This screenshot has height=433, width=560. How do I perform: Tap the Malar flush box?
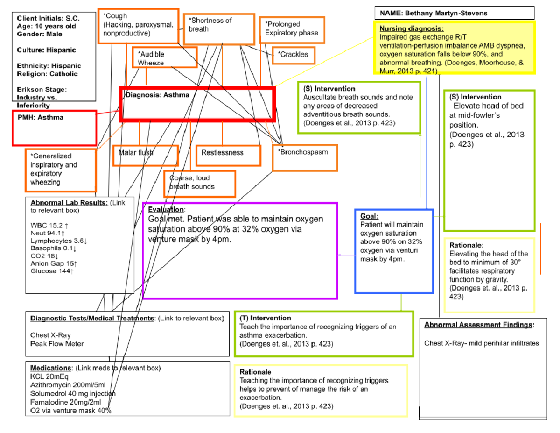click(145, 155)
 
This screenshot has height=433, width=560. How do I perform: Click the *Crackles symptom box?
click(294, 55)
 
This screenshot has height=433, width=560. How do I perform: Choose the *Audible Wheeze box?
click(156, 58)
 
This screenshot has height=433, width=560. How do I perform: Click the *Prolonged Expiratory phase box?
click(292, 29)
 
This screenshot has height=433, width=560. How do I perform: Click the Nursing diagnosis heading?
click(408, 29)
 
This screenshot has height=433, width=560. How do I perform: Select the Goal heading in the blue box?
click(369, 216)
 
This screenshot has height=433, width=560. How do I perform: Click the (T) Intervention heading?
click(265, 318)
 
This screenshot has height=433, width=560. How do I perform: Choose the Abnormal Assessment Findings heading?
click(479, 325)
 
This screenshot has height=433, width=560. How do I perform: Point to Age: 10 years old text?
click(46, 27)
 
